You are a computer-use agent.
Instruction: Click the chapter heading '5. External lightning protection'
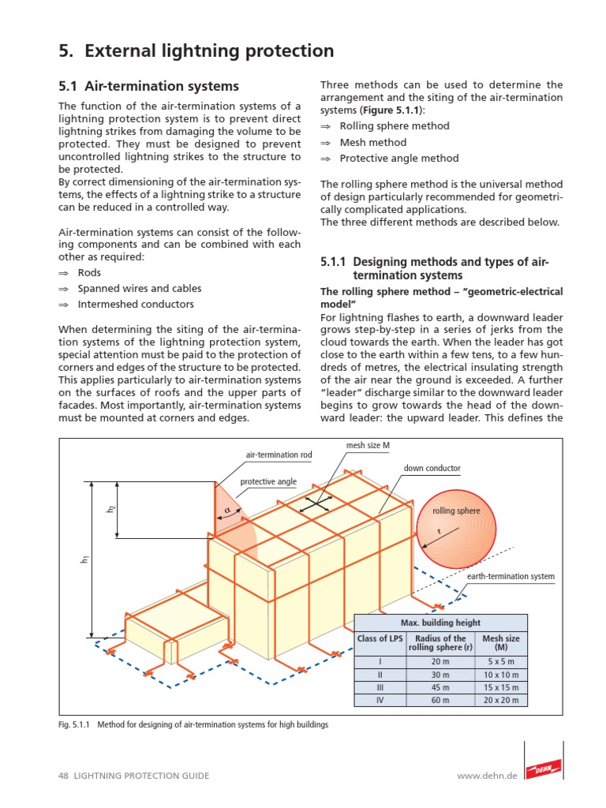click(196, 51)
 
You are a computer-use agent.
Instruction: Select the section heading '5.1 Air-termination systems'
click(149, 85)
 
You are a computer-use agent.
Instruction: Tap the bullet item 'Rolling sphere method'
click(395, 126)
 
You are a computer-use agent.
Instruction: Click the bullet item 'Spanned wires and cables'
click(140, 288)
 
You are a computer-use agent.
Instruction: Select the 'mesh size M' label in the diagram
click(368, 446)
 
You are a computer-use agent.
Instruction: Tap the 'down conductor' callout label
click(432, 468)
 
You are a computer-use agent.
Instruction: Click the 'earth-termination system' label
click(511, 577)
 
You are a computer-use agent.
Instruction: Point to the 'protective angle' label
click(268, 482)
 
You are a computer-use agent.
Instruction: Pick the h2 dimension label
click(111, 510)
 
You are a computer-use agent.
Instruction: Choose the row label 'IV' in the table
click(380, 700)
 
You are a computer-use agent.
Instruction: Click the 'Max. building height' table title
click(440, 623)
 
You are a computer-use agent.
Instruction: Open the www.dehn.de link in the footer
click(487, 776)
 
